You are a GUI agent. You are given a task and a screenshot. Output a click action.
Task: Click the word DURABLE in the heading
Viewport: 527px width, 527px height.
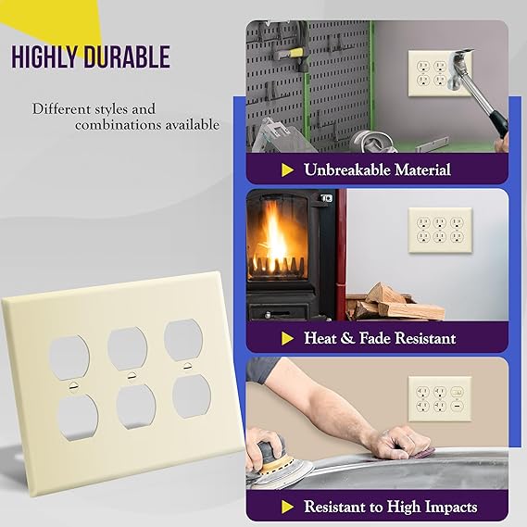pos(127,57)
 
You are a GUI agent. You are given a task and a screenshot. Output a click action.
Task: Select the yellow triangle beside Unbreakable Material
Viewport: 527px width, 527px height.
pos(287,170)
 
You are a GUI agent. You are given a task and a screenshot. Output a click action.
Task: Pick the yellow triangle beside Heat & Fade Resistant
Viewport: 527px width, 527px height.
pos(287,338)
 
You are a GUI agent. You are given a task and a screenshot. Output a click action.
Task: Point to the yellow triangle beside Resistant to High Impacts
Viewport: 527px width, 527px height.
pos(287,508)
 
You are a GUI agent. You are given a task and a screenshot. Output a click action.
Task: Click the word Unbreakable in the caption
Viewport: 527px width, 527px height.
pos(346,169)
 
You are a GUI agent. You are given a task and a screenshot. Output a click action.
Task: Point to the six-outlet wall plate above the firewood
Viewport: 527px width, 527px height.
pos(440,231)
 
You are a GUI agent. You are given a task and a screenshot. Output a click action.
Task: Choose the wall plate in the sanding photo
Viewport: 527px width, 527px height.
pos(440,399)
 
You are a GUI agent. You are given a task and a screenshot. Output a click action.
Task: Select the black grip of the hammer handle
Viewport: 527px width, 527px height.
pos(499,123)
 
